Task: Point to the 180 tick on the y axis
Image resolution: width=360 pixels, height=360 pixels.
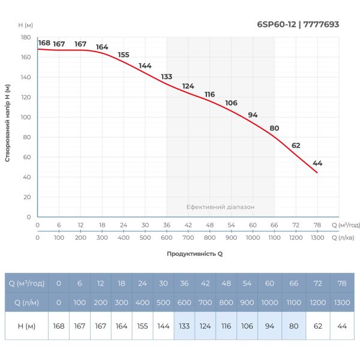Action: pyautogui.click(x=26, y=37)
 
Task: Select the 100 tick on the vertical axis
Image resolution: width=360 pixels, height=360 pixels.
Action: pyautogui.click(x=26, y=117)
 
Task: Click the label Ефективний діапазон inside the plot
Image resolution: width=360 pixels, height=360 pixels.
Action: pyautogui.click(x=220, y=206)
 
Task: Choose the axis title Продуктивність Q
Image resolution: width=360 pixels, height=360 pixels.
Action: pyautogui.click(x=194, y=254)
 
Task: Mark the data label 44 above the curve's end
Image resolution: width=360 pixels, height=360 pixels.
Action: pyautogui.click(x=317, y=163)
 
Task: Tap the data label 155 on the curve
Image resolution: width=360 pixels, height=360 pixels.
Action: pyautogui.click(x=124, y=55)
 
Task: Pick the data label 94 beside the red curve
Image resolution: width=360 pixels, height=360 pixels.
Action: pyautogui.click(x=253, y=115)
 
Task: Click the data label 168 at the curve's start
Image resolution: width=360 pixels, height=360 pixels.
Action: pyautogui.click(x=44, y=43)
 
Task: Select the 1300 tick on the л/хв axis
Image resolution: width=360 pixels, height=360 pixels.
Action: pyautogui.click(x=317, y=238)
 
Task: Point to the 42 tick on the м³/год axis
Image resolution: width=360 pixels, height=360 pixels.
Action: pyautogui.click(x=188, y=225)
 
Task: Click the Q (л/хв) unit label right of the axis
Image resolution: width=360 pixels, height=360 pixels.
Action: pyautogui.click(x=346, y=238)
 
